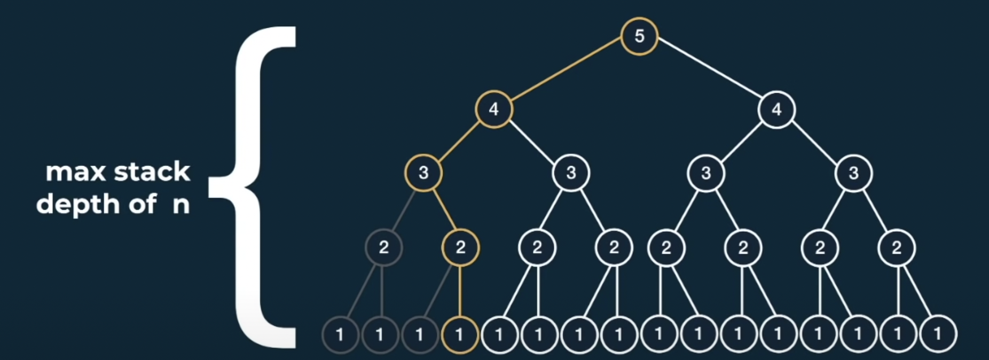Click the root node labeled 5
[x=639, y=36]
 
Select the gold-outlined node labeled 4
[x=494, y=109]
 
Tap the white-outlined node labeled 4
[x=776, y=109]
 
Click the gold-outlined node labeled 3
[x=423, y=173]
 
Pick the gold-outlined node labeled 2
[x=460, y=247]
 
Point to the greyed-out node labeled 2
[x=383, y=247]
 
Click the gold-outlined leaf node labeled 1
[x=459, y=335]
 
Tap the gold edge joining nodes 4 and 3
[x=458, y=142]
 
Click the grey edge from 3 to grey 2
[x=404, y=210]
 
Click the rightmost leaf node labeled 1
[x=938, y=335]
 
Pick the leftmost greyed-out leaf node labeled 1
[x=340, y=335]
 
